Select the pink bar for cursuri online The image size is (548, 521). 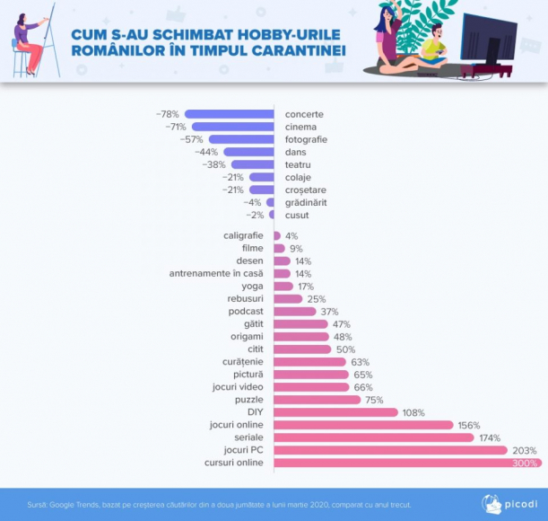pos(407,463)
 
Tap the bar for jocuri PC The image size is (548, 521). pos(389,450)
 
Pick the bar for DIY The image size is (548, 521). pos(335,412)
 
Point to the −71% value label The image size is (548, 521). pos(175,127)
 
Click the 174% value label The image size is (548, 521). pos(490,437)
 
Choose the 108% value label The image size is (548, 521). pos(413,412)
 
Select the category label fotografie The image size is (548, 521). pos(306,139)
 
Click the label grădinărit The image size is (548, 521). pos(305,202)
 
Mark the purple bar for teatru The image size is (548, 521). pos(252,164)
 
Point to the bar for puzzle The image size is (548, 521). pos(317,400)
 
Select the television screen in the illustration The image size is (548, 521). pos(488,40)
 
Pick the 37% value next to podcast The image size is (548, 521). pos(329,311)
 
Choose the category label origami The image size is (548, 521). pos(247,336)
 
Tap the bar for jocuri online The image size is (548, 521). pos(363,425)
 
